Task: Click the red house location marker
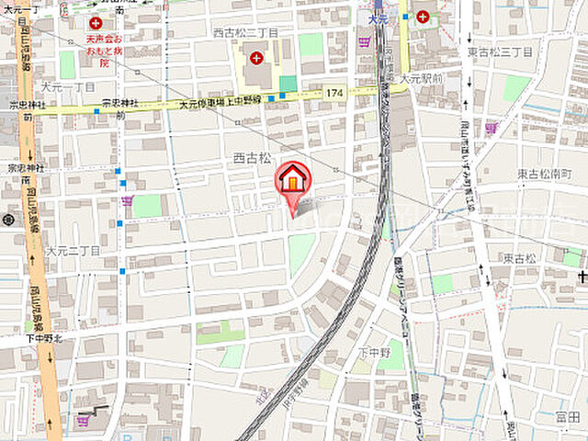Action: tap(293, 179)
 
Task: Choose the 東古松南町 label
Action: tap(544, 174)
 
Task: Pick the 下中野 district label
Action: tap(374, 353)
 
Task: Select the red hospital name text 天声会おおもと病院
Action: tap(109, 52)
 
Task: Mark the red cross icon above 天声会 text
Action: tap(96, 22)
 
